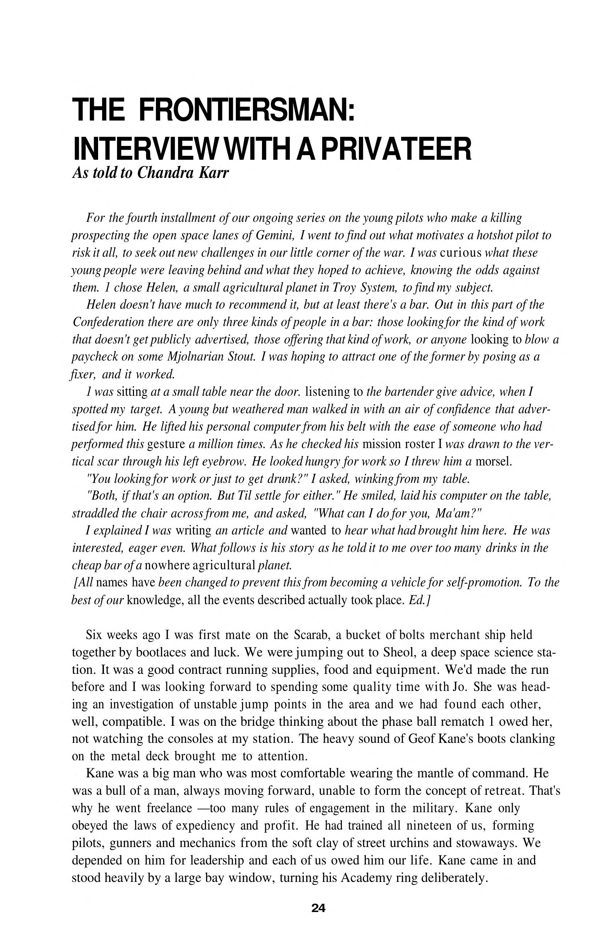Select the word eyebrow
pyautogui.click(x=222, y=461)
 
